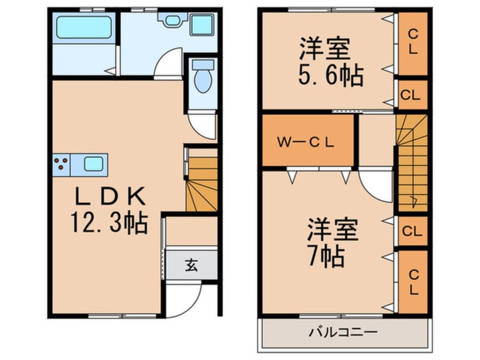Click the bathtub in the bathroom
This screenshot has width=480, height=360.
point(84,27)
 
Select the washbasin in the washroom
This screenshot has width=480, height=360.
point(172,20)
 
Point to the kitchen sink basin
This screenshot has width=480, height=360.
point(94,164)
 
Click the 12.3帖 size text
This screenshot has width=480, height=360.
point(110,222)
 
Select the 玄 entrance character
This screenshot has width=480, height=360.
point(191,265)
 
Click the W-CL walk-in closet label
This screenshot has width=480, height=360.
point(305,142)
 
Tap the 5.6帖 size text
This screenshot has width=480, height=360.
point(331,75)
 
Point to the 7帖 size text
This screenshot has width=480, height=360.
point(326,256)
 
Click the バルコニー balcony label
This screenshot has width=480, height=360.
point(343,332)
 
